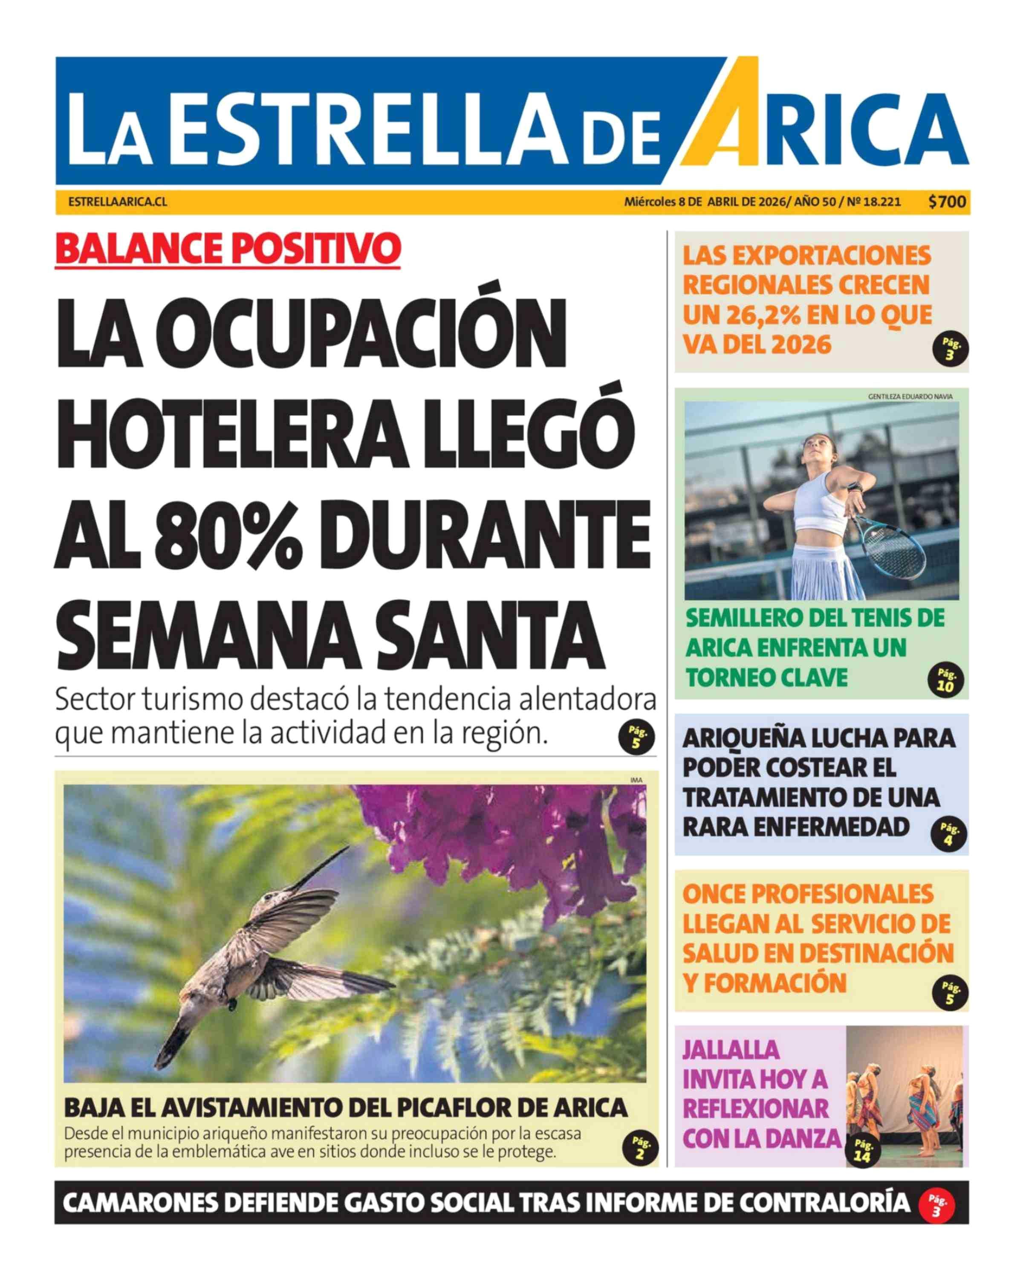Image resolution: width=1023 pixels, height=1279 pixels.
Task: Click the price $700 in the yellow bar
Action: [947, 202]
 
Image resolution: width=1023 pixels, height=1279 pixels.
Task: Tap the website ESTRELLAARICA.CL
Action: [117, 202]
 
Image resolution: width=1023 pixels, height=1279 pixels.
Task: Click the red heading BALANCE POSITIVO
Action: [228, 249]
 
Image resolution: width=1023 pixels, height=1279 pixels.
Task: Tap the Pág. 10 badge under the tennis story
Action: [945, 681]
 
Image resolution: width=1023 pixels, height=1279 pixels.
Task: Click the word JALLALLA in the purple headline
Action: [731, 1050]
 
